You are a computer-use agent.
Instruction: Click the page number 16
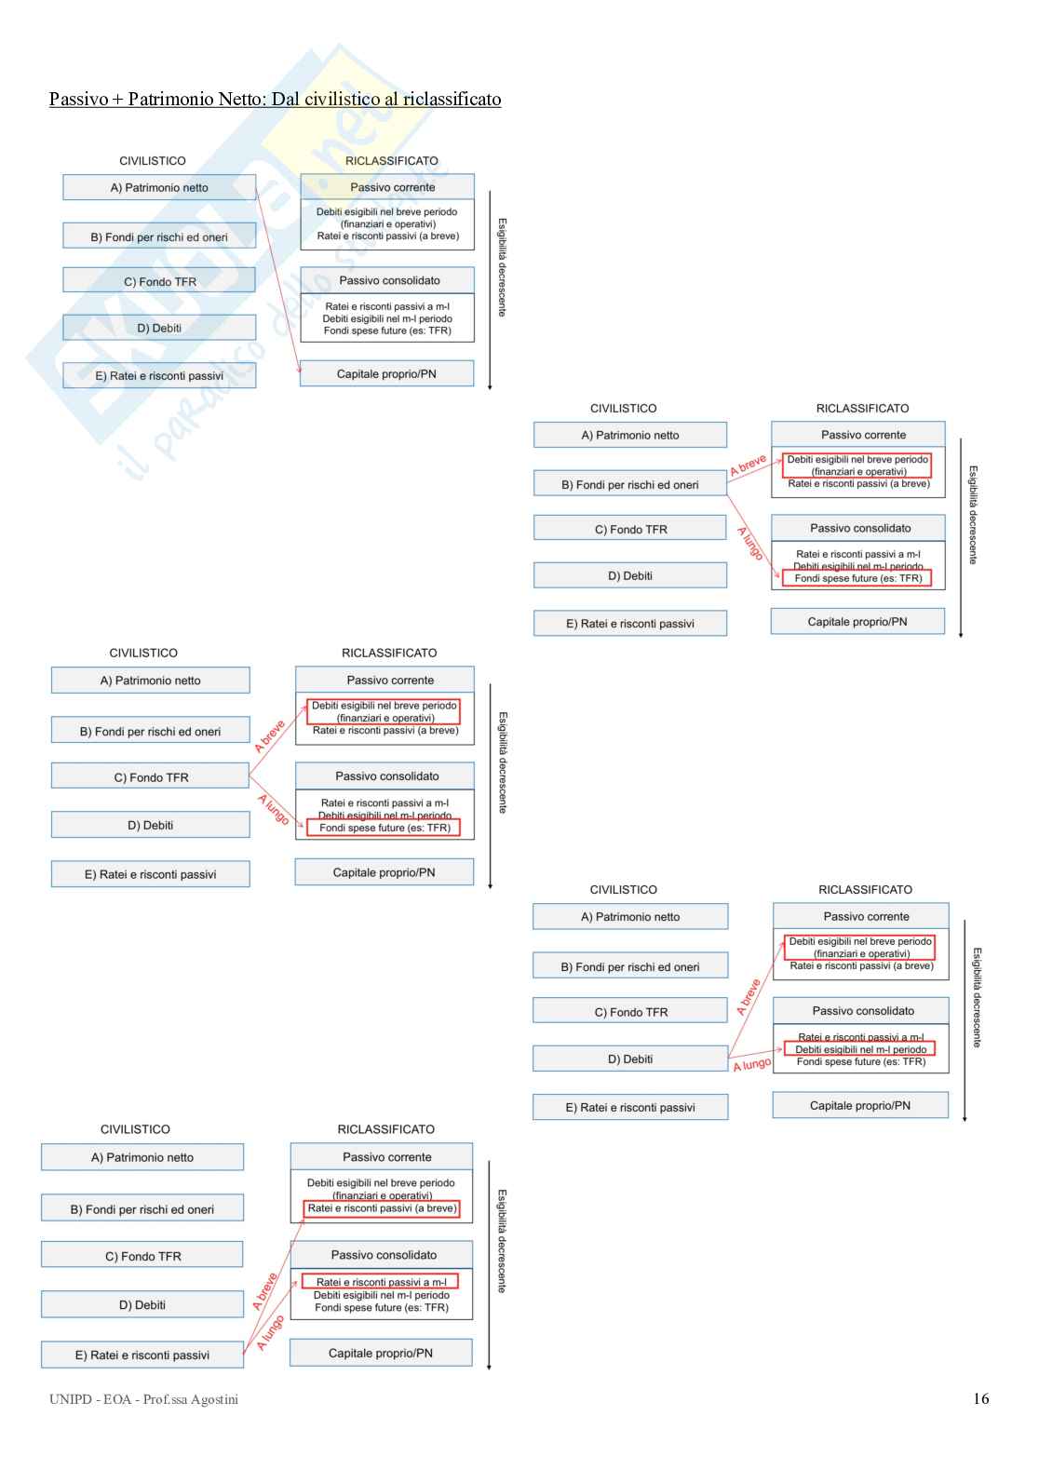coord(980,1398)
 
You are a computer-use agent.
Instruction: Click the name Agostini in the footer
coord(214,1399)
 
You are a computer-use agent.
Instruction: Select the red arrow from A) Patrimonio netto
coord(277,281)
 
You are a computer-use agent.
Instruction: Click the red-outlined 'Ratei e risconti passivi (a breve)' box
coord(382,1208)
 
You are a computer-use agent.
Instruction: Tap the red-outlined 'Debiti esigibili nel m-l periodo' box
coord(859,1048)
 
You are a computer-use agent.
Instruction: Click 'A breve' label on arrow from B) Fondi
coord(748,465)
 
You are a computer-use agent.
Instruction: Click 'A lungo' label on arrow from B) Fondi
coord(750,544)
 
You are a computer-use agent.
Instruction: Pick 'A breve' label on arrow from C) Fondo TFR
coord(269,736)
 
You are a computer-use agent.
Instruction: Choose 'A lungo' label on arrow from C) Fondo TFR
coord(273,809)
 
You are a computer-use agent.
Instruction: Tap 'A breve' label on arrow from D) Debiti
coord(748,997)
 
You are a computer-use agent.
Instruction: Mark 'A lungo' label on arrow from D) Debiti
coord(751,1064)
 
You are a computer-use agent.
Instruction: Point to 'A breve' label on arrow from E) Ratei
coord(264,1291)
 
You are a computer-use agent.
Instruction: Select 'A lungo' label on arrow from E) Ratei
coord(270,1333)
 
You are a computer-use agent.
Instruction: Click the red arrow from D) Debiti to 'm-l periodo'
coord(755,1053)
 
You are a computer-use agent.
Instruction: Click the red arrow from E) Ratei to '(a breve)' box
coord(274,1286)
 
